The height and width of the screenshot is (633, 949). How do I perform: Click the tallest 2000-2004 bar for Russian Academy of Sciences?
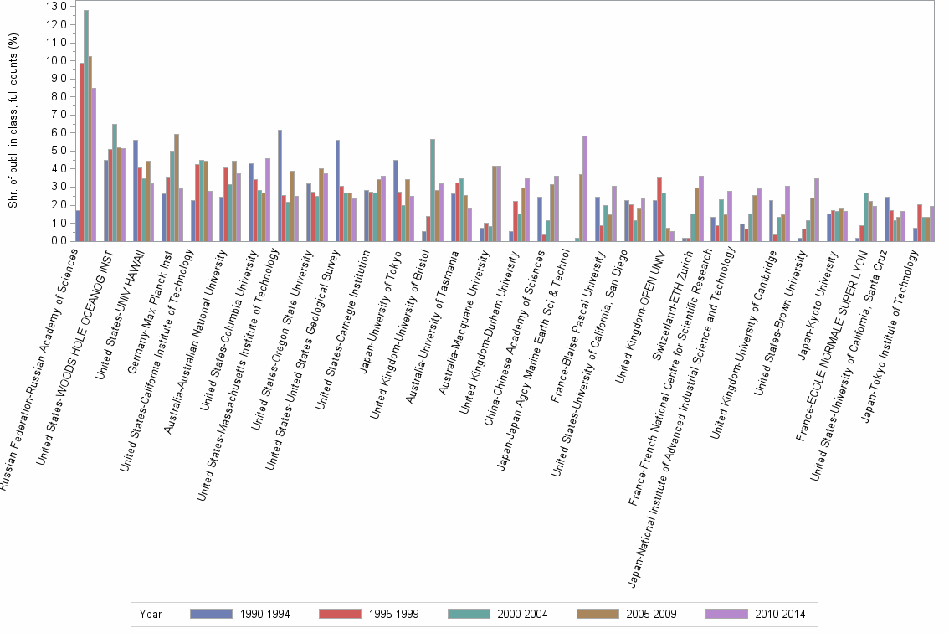86,126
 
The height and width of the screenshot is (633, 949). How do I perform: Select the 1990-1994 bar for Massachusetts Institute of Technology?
280,186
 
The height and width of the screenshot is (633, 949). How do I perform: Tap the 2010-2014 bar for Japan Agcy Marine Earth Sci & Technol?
585,188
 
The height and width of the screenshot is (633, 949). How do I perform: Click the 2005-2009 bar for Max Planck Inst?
177,188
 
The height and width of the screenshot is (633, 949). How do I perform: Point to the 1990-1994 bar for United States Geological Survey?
337,191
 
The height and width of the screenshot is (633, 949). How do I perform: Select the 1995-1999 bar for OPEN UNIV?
660,209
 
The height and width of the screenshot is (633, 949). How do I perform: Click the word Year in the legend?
151,614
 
